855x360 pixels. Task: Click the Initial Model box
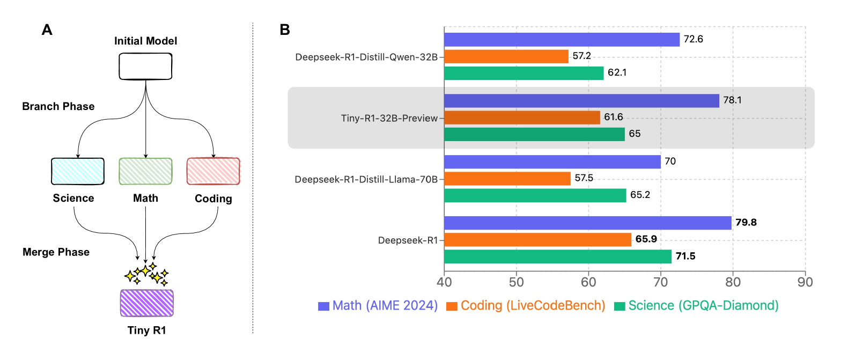click(145, 67)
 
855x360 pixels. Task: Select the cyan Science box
click(78, 171)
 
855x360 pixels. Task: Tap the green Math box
click(145, 171)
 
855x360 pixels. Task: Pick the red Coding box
click(213, 171)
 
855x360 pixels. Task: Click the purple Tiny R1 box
click(146, 303)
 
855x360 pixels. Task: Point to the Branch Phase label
click(58, 106)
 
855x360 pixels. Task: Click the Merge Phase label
click(56, 252)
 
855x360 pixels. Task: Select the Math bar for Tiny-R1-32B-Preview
click(581, 101)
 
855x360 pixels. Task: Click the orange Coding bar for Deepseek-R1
click(537, 240)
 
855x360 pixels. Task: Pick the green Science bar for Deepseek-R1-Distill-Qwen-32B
click(524, 73)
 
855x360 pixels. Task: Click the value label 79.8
click(746, 223)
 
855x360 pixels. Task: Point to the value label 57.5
click(584, 178)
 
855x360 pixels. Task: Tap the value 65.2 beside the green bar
click(640, 195)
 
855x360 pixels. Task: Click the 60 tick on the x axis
click(588, 282)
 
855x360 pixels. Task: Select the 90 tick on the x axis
click(805, 282)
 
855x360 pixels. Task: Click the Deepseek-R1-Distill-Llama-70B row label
click(366, 179)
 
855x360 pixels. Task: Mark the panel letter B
click(285, 30)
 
